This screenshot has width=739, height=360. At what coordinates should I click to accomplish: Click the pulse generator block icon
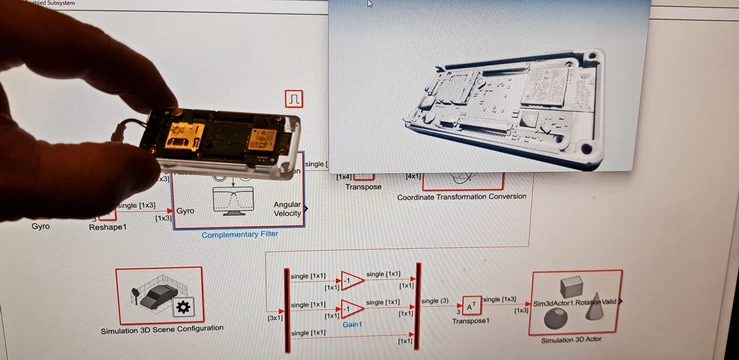[x=294, y=99]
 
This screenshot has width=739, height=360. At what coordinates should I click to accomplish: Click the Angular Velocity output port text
[x=288, y=210]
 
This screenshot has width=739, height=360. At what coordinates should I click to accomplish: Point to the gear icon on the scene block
[x=182, y=306]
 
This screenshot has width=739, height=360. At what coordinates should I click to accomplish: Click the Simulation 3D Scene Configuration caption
[x=162, y=329]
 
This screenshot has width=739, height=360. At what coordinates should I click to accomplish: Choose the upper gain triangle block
[x=352, y=280]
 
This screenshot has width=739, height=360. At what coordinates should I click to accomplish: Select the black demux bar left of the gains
[x=288, y=305]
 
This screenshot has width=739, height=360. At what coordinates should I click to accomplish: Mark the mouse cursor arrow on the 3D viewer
[x=370, y=4]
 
